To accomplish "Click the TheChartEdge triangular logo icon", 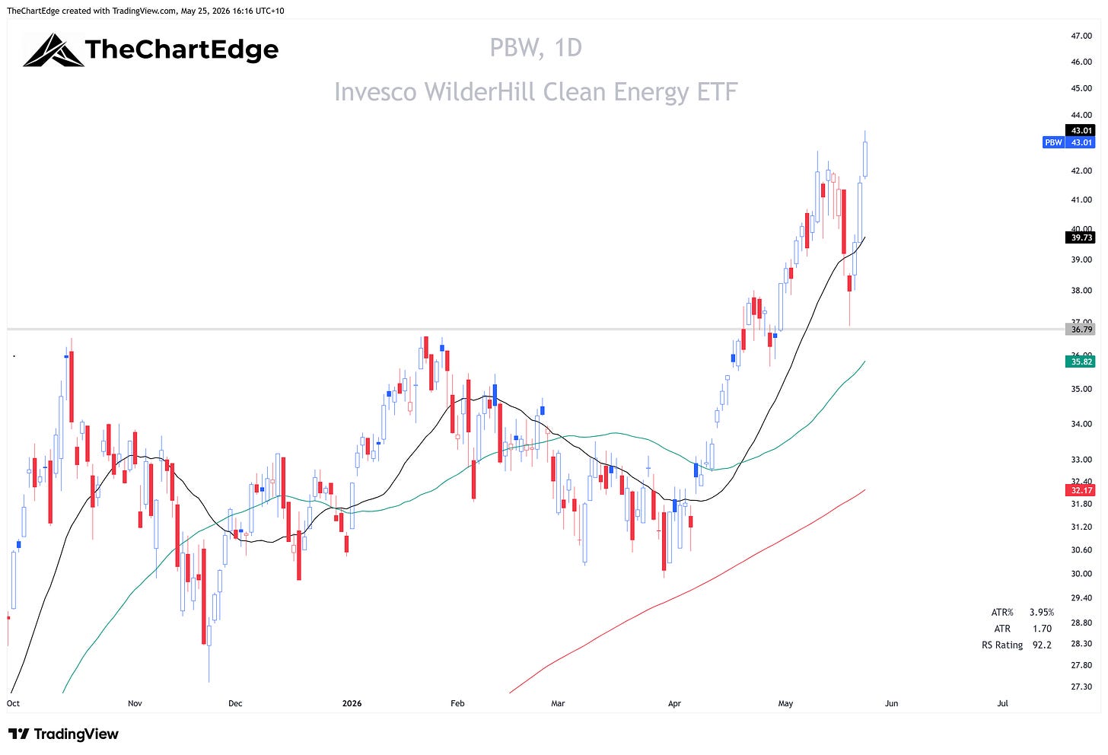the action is point(53,50).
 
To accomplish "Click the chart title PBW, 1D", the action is point(536,48).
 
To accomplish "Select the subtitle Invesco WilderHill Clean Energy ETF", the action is point(536,92).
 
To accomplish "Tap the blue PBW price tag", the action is point(1068,142).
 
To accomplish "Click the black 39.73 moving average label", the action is point(1080,237).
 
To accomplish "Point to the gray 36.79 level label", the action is point(1080,330).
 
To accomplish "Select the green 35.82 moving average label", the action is point(1080,362).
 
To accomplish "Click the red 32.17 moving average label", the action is point(1080,490).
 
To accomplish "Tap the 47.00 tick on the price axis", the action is point(1081,36).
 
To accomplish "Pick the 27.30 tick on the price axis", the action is point(1081,687).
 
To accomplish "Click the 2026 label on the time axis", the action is point(352,703).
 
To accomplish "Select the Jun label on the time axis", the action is point(891,703).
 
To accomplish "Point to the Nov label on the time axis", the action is point(135,703).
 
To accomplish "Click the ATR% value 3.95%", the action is point(1042,612).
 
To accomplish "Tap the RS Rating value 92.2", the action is point(1042,645).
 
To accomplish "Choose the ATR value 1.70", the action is point(1042,629).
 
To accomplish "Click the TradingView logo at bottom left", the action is point(63,734).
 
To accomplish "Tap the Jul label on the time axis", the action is point(1002,703).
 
